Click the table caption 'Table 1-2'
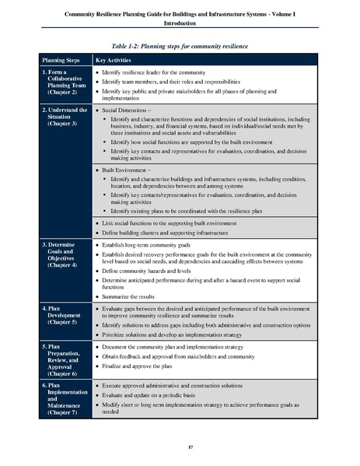[x=180, y=45]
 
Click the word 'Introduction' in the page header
[x=180, y=23]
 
